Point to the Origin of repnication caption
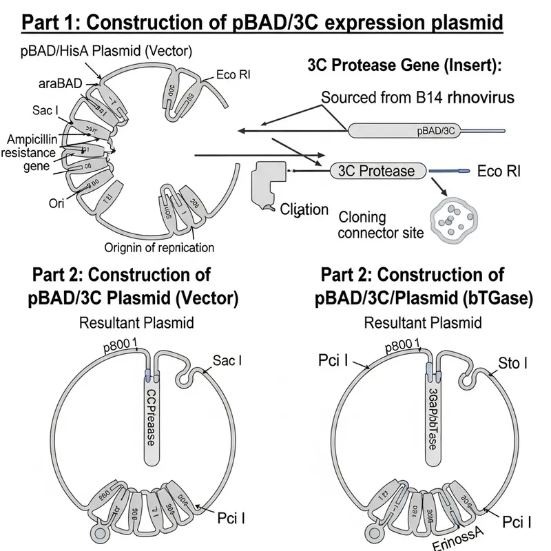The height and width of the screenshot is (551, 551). tap(159, 247)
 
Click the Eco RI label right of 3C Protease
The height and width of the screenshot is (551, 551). tap(502, 171)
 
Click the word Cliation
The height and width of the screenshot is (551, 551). tap(304, 209)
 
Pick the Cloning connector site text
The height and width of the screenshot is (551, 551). tap(381, 225)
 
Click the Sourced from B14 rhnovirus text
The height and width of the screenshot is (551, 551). tap(417, 97)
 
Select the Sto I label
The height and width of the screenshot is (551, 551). tap(512, 363)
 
